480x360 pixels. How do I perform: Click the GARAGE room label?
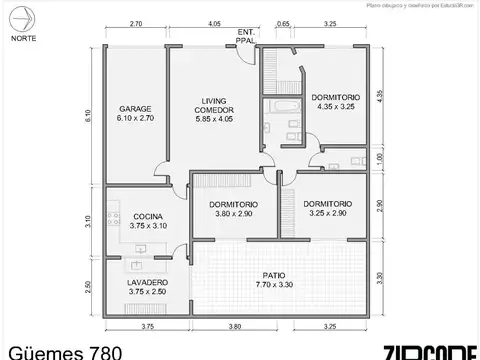point(135,108)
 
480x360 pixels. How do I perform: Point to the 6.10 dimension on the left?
point(90,115)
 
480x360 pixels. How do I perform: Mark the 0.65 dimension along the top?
point(284,22)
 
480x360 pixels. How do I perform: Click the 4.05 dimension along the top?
point(215,22)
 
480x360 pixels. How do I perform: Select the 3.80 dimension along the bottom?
point(234,326)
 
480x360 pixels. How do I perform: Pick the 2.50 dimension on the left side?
point(90,288)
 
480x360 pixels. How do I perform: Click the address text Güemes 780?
point(65,351)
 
